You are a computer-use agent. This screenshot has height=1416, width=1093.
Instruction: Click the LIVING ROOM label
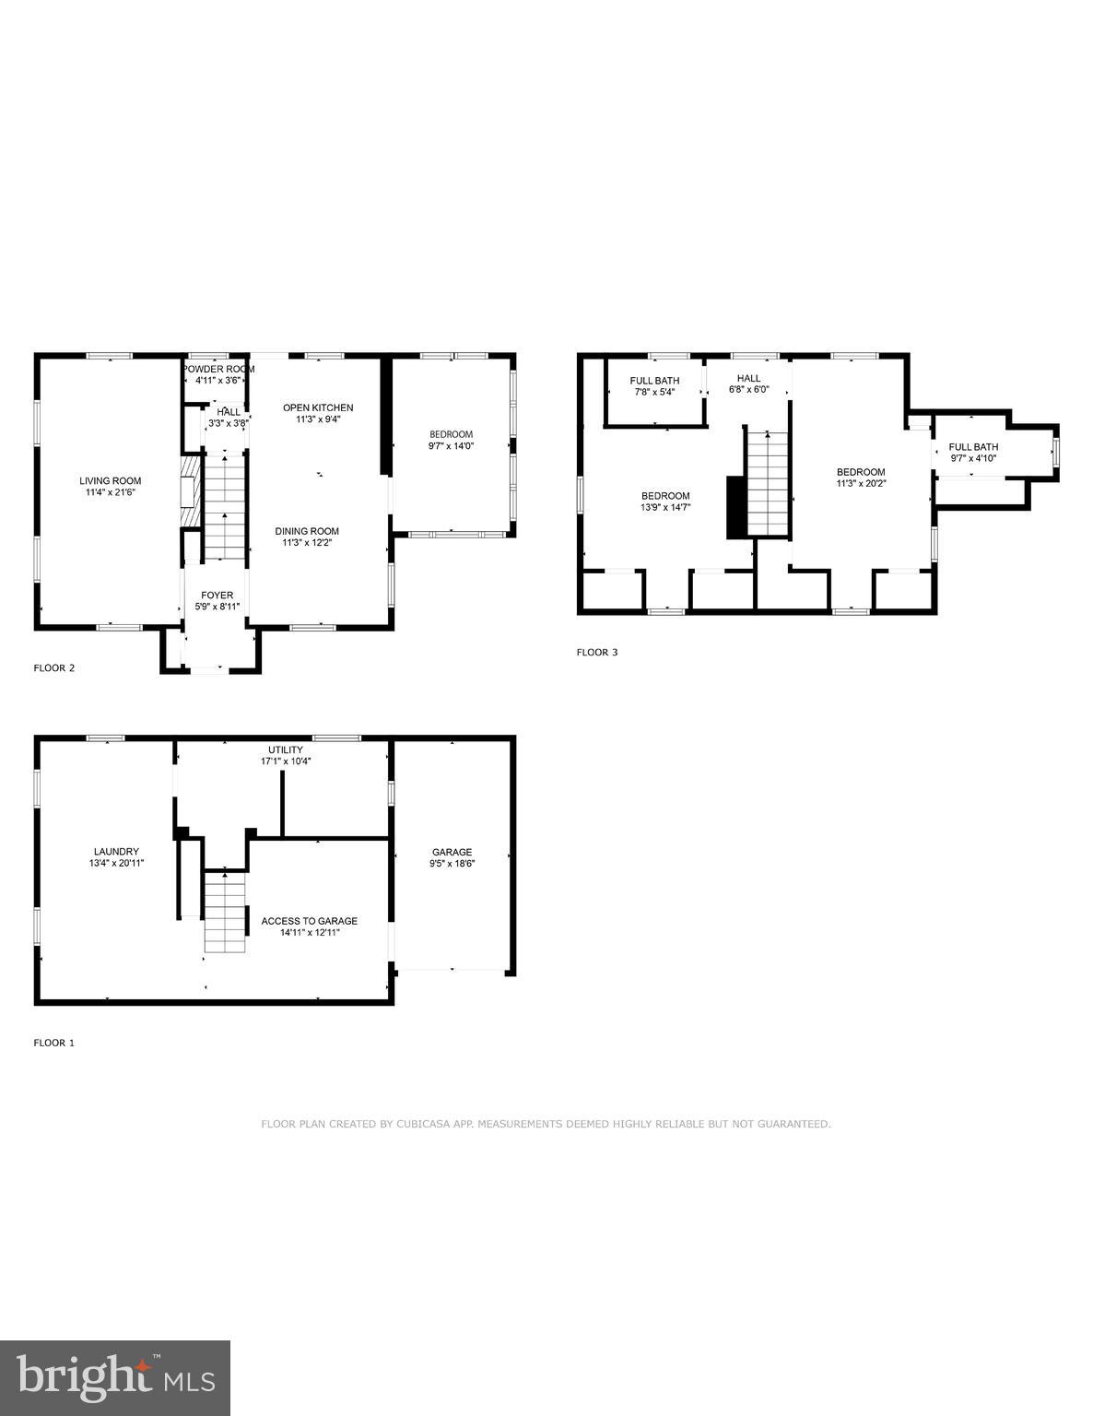pos(110,480)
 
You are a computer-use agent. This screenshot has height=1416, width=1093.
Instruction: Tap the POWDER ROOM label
pos(218,369)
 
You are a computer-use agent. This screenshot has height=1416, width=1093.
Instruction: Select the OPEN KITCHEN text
pos(318,407)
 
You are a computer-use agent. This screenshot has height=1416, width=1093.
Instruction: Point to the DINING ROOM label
pos(307,531)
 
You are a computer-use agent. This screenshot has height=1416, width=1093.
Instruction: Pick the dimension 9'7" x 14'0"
pos(451,446)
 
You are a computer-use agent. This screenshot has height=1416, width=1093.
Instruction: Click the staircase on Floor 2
pos(225,506)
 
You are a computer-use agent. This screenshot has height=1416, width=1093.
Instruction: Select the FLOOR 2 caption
pos(54,667)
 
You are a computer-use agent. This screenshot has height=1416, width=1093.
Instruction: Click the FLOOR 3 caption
pos(597,652)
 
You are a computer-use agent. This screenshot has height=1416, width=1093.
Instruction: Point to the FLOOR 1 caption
pos(54,1043)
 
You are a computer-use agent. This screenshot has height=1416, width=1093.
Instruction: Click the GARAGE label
pos(452,852)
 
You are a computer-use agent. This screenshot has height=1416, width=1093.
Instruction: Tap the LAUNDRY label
pos(116,851)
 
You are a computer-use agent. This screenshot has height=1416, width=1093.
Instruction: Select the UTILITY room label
pos(285,749)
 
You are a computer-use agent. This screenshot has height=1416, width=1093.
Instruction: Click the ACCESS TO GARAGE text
pos(309,921)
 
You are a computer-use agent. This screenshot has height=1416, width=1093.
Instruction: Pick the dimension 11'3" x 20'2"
pos(861,483)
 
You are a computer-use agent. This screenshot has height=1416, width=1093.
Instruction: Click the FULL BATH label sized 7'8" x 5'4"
pos(654,380)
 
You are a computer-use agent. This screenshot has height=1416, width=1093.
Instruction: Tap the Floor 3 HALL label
pos(748,378)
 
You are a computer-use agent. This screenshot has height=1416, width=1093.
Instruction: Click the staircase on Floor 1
pos(226,911)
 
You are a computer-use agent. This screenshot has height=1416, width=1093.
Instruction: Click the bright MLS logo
pos(115,1378)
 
